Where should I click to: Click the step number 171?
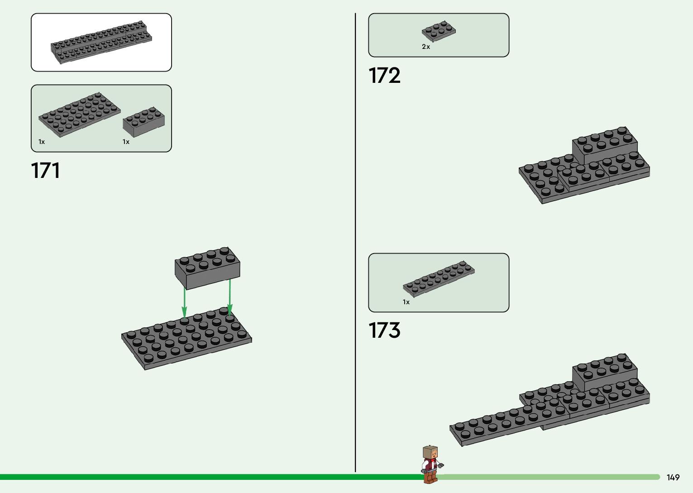click(45, 171)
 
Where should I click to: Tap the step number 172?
click(384, 76)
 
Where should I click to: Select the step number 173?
click(384, 330)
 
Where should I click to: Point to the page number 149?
click(673, 478)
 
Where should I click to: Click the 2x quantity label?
click(426, 47)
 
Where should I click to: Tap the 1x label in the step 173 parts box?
click(406, 302)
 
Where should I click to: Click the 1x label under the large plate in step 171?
click(42, 142)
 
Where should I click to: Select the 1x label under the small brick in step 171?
click(126, 142)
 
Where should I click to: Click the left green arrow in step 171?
click(184, 302)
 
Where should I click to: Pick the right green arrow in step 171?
click(229, 297)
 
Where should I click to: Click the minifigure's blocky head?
click(430, 452)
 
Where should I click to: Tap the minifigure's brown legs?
click(430, 476)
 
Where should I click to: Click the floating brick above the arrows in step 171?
click(207, 268)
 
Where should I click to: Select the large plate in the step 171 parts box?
click(79, 114)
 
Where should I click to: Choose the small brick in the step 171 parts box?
click(143, 121)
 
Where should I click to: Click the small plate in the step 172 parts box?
click(439, 31)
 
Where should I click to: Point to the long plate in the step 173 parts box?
click(439, 278)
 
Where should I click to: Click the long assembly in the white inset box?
click(101, 42)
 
